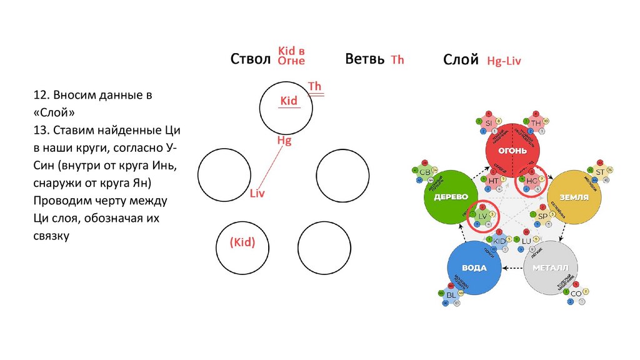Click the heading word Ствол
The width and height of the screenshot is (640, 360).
pos(250,59)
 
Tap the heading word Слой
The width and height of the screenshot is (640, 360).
pos(461,60)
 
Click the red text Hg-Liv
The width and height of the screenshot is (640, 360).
pos(504,61)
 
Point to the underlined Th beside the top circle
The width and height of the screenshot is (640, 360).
pos(315,86)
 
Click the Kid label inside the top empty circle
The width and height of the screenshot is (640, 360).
pos(289,100)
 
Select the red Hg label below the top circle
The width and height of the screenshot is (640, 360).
pos(284,141)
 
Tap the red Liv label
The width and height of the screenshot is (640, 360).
pos(257,194)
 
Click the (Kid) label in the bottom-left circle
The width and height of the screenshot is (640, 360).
pos(242,242)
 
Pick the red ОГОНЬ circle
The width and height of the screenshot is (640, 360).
pos(512,151)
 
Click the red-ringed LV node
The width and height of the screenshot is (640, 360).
pos(482,216)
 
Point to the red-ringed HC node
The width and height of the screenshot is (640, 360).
pos(532,181)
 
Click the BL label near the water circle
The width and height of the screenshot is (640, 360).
pos(451,294)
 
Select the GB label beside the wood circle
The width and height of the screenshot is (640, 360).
pos(425,172)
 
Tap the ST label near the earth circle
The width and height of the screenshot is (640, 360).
pos(600,172)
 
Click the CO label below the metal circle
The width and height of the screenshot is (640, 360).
pos(576,293)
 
